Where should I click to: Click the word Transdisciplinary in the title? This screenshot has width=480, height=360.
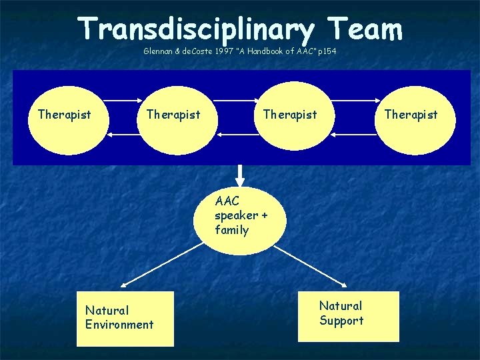click(194, 29)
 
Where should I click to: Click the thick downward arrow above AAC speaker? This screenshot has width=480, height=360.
click(241, 176)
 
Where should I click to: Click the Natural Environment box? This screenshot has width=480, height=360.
click(125, 319)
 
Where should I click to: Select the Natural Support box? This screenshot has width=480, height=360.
click(359, 316)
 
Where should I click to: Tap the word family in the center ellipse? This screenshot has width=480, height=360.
click(231, 230)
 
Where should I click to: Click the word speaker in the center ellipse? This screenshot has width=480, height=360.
click(236, 215)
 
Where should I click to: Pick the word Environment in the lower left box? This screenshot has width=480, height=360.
click(119, 325)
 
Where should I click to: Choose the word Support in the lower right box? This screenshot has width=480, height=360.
click(341, 321)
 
